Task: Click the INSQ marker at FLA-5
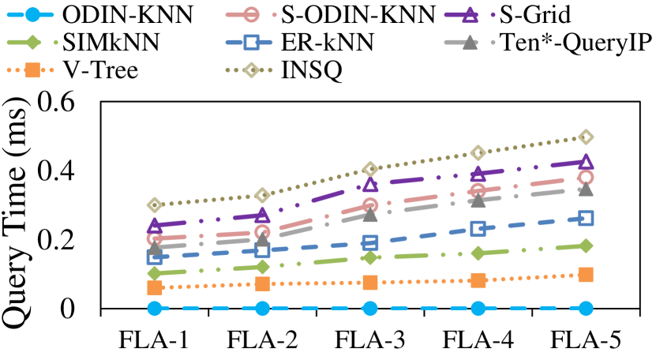point(586,137)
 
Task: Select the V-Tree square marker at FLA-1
point(155,288)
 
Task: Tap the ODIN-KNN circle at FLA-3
point(370,308)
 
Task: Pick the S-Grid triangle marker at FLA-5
point(586,162)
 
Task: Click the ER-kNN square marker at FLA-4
point(478,228)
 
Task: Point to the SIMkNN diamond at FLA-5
point(586,246)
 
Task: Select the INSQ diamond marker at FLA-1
point(155,205)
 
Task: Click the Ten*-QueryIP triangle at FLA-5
point(586,189)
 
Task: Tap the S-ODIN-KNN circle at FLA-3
point(370,206)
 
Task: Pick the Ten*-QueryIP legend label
point(583,43)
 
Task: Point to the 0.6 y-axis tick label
point(67,100)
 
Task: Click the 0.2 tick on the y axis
point(67,240)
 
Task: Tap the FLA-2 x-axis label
point(262,341)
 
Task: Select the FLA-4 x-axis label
point(478,341)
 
